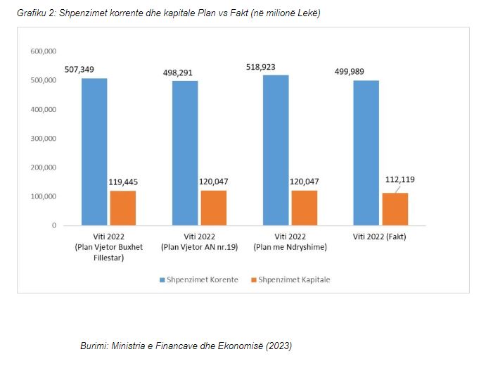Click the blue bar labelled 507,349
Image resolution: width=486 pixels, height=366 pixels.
point(94,151)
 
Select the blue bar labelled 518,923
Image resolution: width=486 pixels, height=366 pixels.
point(276,150)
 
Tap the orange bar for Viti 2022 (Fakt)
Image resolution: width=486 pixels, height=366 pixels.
point(395,209)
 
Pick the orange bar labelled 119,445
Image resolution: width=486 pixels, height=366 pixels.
point(123,208)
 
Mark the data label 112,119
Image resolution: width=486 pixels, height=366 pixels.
point(399,179)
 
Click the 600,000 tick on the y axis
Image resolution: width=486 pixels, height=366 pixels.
point(42,51)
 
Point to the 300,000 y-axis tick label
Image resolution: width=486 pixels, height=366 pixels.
point(42,139)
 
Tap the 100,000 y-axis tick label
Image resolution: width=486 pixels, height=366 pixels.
point(42,196)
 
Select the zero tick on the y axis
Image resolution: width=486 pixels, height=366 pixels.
point(53,225)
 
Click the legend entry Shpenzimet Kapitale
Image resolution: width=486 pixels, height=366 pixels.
point(294,279)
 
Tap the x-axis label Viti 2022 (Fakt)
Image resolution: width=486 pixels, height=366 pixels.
point(380,236)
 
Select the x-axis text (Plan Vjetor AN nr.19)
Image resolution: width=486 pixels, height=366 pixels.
point(198,246)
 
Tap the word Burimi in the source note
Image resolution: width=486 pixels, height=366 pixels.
point(96,346)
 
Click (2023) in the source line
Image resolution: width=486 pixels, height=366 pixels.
point(278,346)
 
